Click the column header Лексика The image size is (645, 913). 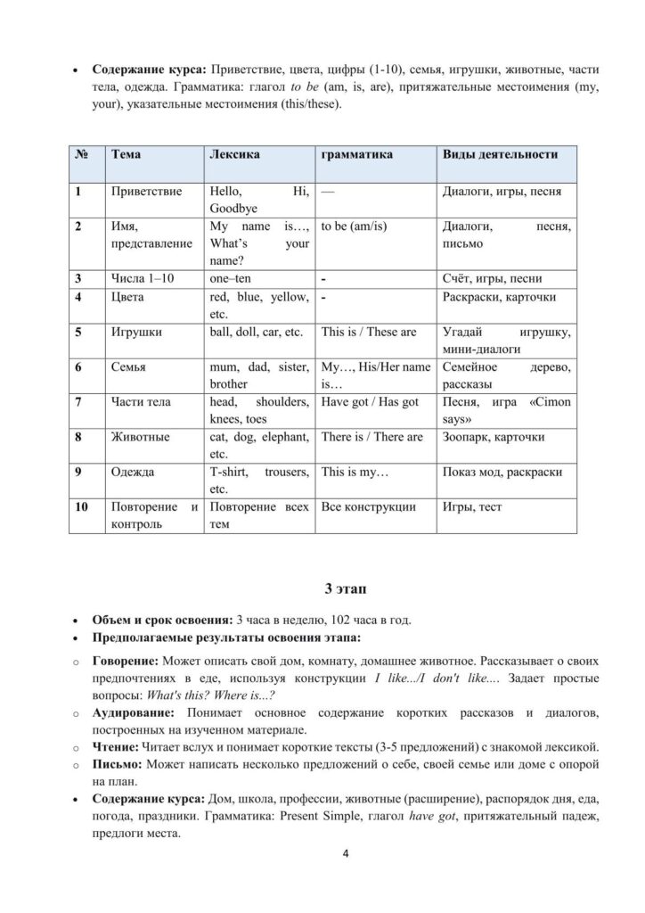tap(233, 154)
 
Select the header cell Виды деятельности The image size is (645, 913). tap(500, 154)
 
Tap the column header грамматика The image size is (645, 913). tap(356, 154)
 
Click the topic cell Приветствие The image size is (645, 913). tap(147, 191)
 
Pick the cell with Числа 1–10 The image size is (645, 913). tap(143, 278)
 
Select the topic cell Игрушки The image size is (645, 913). tap(136, 332)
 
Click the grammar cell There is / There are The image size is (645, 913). tap(371, 437)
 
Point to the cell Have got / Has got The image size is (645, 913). tap(369, 402)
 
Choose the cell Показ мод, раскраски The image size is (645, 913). tap(502, 472)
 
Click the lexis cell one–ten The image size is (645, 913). tap(230, 278)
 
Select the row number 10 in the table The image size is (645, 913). tap(83, 507)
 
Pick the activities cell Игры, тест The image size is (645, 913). tap(472, 507)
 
